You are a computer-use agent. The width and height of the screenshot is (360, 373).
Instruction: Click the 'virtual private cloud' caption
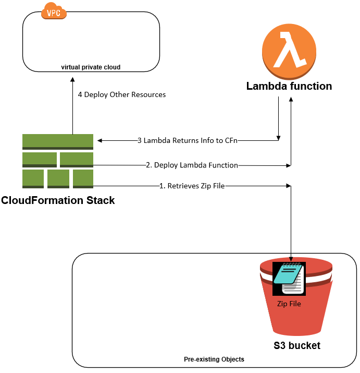coord(91,67)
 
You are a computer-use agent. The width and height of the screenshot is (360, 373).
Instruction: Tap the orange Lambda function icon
coord(289,50)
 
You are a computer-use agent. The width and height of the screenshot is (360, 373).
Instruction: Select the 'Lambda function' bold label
coord(289,86)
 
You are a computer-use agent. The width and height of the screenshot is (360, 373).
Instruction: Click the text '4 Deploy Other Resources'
coord(122,95)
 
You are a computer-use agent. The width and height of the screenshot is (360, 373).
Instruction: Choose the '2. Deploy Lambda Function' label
coord(192,165)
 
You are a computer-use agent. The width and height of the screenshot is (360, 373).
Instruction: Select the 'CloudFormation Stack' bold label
coord(58,200)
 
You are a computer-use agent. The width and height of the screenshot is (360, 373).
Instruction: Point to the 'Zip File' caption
coord(289,303)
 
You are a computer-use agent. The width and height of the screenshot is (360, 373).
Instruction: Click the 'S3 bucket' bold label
coord(297,345)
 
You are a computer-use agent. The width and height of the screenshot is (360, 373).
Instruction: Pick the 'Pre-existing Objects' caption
coord(214,359)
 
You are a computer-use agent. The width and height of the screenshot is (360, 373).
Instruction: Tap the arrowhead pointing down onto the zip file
coord(291,259)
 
